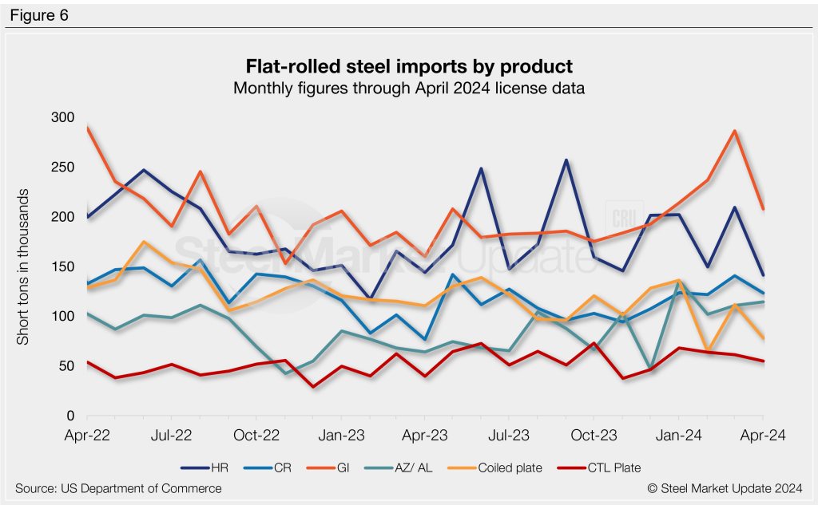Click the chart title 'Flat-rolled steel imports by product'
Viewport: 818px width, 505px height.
click(408, 65)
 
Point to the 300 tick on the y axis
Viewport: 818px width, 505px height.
click(62, 117)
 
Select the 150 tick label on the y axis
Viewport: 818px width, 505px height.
click(62, 266)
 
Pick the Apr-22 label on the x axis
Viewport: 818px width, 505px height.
click(86, 436)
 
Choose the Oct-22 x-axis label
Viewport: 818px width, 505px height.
click(256, 436)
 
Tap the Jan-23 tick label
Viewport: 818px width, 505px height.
click(341, 436)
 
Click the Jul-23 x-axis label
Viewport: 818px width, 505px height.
click(510, 436)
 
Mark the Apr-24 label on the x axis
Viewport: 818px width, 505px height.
click(762, 436)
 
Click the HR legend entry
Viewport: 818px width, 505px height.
click(217, 468)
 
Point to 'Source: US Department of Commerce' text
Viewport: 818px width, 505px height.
click(118, 487)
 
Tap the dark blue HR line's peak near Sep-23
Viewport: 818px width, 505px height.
click(566, 160)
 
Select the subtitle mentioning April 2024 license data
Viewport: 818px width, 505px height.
click(408, 88)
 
